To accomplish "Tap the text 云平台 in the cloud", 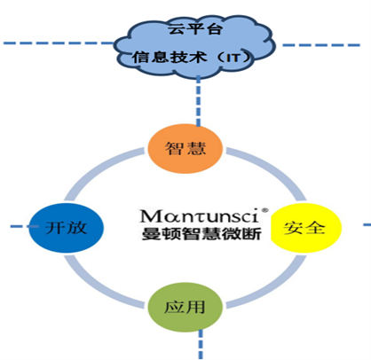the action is pos(195,29).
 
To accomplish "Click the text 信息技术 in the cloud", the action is pos(170,57).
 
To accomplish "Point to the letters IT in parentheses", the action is pos(233,58).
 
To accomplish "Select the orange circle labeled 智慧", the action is pos(185,149).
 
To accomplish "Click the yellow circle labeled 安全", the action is pos(306,227).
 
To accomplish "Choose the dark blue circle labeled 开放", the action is pos(67,228).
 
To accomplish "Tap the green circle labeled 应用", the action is pos(185,307).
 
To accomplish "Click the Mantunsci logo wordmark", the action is pos(200,216).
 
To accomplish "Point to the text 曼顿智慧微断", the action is pos(201,234).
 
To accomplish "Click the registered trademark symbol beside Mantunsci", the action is pos(265,210).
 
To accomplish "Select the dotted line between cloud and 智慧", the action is pos(198,101).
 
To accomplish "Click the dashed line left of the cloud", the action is pos(59,43).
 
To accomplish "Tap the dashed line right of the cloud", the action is pos(321,45).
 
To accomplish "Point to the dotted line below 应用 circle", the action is pos(201,345).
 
